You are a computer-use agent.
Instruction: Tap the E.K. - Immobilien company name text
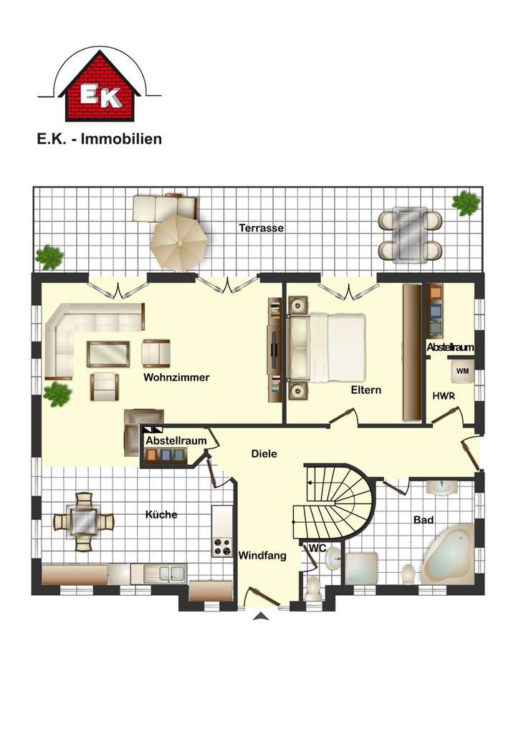coord(100,139)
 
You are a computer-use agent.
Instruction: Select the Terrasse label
coord(262,228)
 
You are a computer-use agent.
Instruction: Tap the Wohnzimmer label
coord(176,377)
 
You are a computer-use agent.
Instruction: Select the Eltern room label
coord(366,390)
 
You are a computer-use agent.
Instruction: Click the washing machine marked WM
coord(462,370)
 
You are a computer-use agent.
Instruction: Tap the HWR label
coord(442,395)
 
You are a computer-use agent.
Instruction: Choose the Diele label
coord(264,453)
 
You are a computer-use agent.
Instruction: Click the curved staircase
coord(337,501)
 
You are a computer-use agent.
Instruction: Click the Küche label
coord(161,514)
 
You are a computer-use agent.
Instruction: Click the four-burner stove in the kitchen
coord(221,546)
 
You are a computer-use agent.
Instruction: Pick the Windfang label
coord(262,555)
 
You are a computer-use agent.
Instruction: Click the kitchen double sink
coord(165,572)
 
